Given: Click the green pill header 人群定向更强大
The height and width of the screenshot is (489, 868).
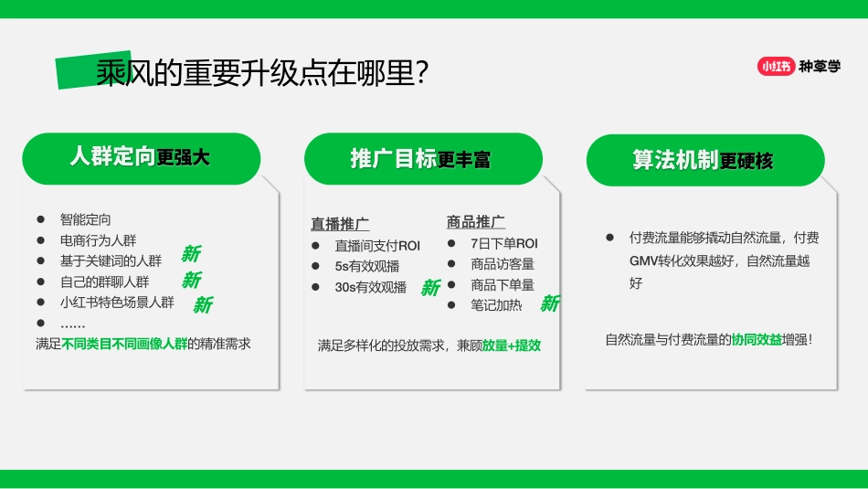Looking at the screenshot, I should pyautogui.click(x=141, y=158).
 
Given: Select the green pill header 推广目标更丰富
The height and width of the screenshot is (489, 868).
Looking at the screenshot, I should pyautogui.click(x=422, y=159).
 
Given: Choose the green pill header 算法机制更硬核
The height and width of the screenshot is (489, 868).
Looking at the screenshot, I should pyautogui.click(x=704, y=160).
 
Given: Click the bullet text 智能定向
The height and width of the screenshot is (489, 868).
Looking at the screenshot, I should pyautogui.click(x=85, y=219).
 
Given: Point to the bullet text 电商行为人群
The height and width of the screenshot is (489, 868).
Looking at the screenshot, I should pyautogui.click(x=98, y=240).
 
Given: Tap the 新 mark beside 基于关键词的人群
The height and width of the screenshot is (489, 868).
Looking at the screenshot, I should pyautogui.click(x=191, y=254).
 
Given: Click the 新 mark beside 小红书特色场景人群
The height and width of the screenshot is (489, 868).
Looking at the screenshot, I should pyautogui.click(x=202, y=304).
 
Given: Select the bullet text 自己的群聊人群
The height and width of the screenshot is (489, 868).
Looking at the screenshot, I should pyautogui.click(x=104, y=282).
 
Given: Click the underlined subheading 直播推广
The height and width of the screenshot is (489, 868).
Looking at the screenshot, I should pyautogui.click(x=340, y=224).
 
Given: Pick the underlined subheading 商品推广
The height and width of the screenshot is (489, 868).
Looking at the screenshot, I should pyautogui.click(x=475, y=222).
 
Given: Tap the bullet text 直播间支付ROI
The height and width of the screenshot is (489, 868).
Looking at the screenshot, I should pyautogui.click(x=377, y=245).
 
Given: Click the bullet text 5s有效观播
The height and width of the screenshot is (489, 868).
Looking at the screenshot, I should pyautogui.click(x=366, y=266).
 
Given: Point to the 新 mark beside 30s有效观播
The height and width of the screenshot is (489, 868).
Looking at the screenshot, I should pyautogui.click(x=430, y=288).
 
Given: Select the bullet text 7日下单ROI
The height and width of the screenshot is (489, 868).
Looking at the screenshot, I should pyautogui.click(x=504, y=243).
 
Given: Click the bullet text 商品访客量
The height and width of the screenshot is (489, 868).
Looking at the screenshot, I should pyautogui.click(x=503, y=264).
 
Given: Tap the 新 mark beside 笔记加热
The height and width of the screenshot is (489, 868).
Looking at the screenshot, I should pyautogui.click(x=549, y=303).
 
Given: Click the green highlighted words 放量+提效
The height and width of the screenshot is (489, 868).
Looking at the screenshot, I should pyautogui.click(x=512, y=345).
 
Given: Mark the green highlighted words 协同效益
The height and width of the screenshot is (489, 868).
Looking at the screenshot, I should pyautogui.click(x=757, y=340).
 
